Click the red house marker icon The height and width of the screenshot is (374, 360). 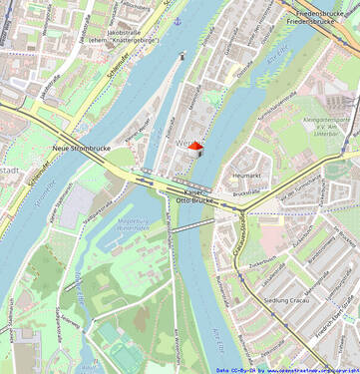[x=196, y=146]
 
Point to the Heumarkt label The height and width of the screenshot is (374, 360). [x=245, y=176]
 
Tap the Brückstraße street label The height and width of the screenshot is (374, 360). [x=244, y=190]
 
